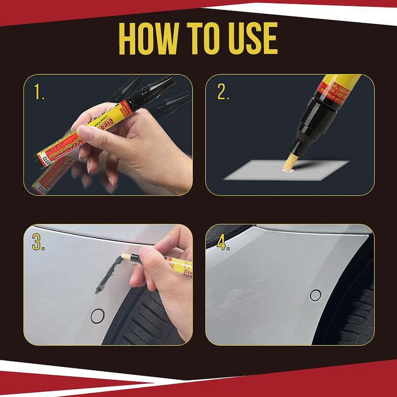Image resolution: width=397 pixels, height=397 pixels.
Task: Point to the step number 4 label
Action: point(223,243)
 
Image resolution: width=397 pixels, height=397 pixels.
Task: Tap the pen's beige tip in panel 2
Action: point(290,163)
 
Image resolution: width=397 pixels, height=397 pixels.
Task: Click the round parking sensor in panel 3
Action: point(97,316)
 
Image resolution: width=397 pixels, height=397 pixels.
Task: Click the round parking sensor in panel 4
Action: point(316,295)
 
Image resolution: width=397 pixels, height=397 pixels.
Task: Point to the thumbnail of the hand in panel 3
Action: point(145,252)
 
